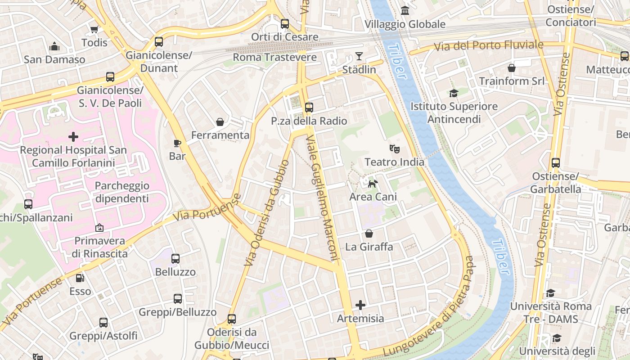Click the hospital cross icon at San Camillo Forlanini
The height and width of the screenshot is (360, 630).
[73, 136]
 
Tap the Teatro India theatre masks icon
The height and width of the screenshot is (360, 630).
[394, 148]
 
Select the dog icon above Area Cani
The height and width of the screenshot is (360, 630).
[373, 183]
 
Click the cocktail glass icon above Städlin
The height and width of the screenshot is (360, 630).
[359, 56]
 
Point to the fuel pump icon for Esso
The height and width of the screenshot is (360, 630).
[80, 278]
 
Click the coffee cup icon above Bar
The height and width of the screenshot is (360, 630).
[177, 143]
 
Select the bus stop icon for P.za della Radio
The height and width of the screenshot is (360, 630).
[309, 108]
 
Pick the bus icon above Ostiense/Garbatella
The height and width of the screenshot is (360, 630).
[556, 163]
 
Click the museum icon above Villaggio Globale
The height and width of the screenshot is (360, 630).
[405, 10]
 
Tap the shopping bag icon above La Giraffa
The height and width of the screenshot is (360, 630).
[369, 234]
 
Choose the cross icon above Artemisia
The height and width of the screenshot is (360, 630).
[360, 306]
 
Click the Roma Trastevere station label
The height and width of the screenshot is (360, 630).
[274, 58]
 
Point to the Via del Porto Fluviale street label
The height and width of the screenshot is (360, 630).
[488, 45]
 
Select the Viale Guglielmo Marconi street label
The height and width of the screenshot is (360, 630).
[322, 198]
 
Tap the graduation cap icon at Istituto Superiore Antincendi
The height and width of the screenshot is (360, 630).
[454, 93]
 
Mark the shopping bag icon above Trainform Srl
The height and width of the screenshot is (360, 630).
[512, 68]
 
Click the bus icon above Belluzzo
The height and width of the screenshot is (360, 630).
[175, 259]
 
